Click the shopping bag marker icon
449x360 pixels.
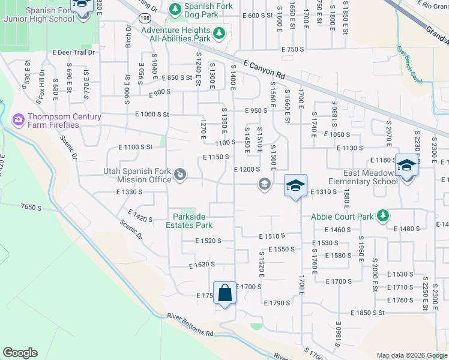224,293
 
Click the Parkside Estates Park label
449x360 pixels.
192,221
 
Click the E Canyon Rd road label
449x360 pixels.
265,69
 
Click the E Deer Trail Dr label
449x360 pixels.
74,52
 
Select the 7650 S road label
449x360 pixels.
29,206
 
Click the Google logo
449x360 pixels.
20,353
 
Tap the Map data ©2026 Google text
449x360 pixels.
411,355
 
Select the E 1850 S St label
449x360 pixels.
368,313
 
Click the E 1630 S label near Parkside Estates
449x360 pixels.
202,264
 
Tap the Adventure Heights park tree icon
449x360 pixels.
218,34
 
